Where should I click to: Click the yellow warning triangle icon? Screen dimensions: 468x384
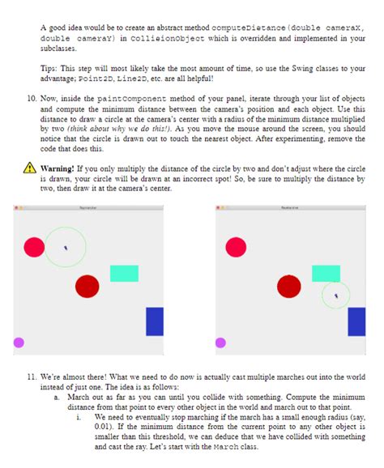pyautogui.click(x=29, y=170)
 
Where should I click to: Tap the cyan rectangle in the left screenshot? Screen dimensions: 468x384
pyautogui.click(x=124, y=274)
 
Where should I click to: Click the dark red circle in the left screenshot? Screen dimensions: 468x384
pyautogui.click(x=87, y=287)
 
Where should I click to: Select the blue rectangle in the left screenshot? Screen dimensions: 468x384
pyautogui.click(x=154, y=321)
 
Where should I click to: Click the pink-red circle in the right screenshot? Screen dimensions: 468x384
pyautogui.click(x=236, y=247)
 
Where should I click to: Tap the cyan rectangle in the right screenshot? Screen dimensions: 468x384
pyautogui.click(x=326, y=274)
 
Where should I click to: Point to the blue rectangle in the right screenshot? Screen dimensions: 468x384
pyautogui.click(x=356, y=321)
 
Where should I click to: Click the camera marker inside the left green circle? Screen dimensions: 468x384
pyautogui.click(x=66, y=247)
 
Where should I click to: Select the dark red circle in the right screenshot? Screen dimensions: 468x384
pyautogui.click(x=288, y=287)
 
